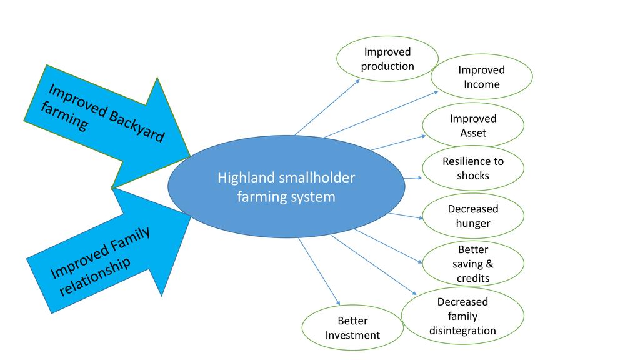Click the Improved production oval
pos(387,59)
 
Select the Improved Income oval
pos(481,77)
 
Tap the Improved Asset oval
pos(473,125)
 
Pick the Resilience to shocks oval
pos(473,168)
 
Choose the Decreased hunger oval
pos(473,216)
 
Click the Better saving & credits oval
pos(473,263)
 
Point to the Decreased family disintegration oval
pos(462,316)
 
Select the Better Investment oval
pos(352,328)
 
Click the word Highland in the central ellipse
pos(246,178)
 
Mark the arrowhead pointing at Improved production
pos(357,81)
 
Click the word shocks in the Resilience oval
pos(473,176)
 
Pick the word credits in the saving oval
pos(473,278)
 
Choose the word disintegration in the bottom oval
pos(462,331)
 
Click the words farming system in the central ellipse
pos(286,197)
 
